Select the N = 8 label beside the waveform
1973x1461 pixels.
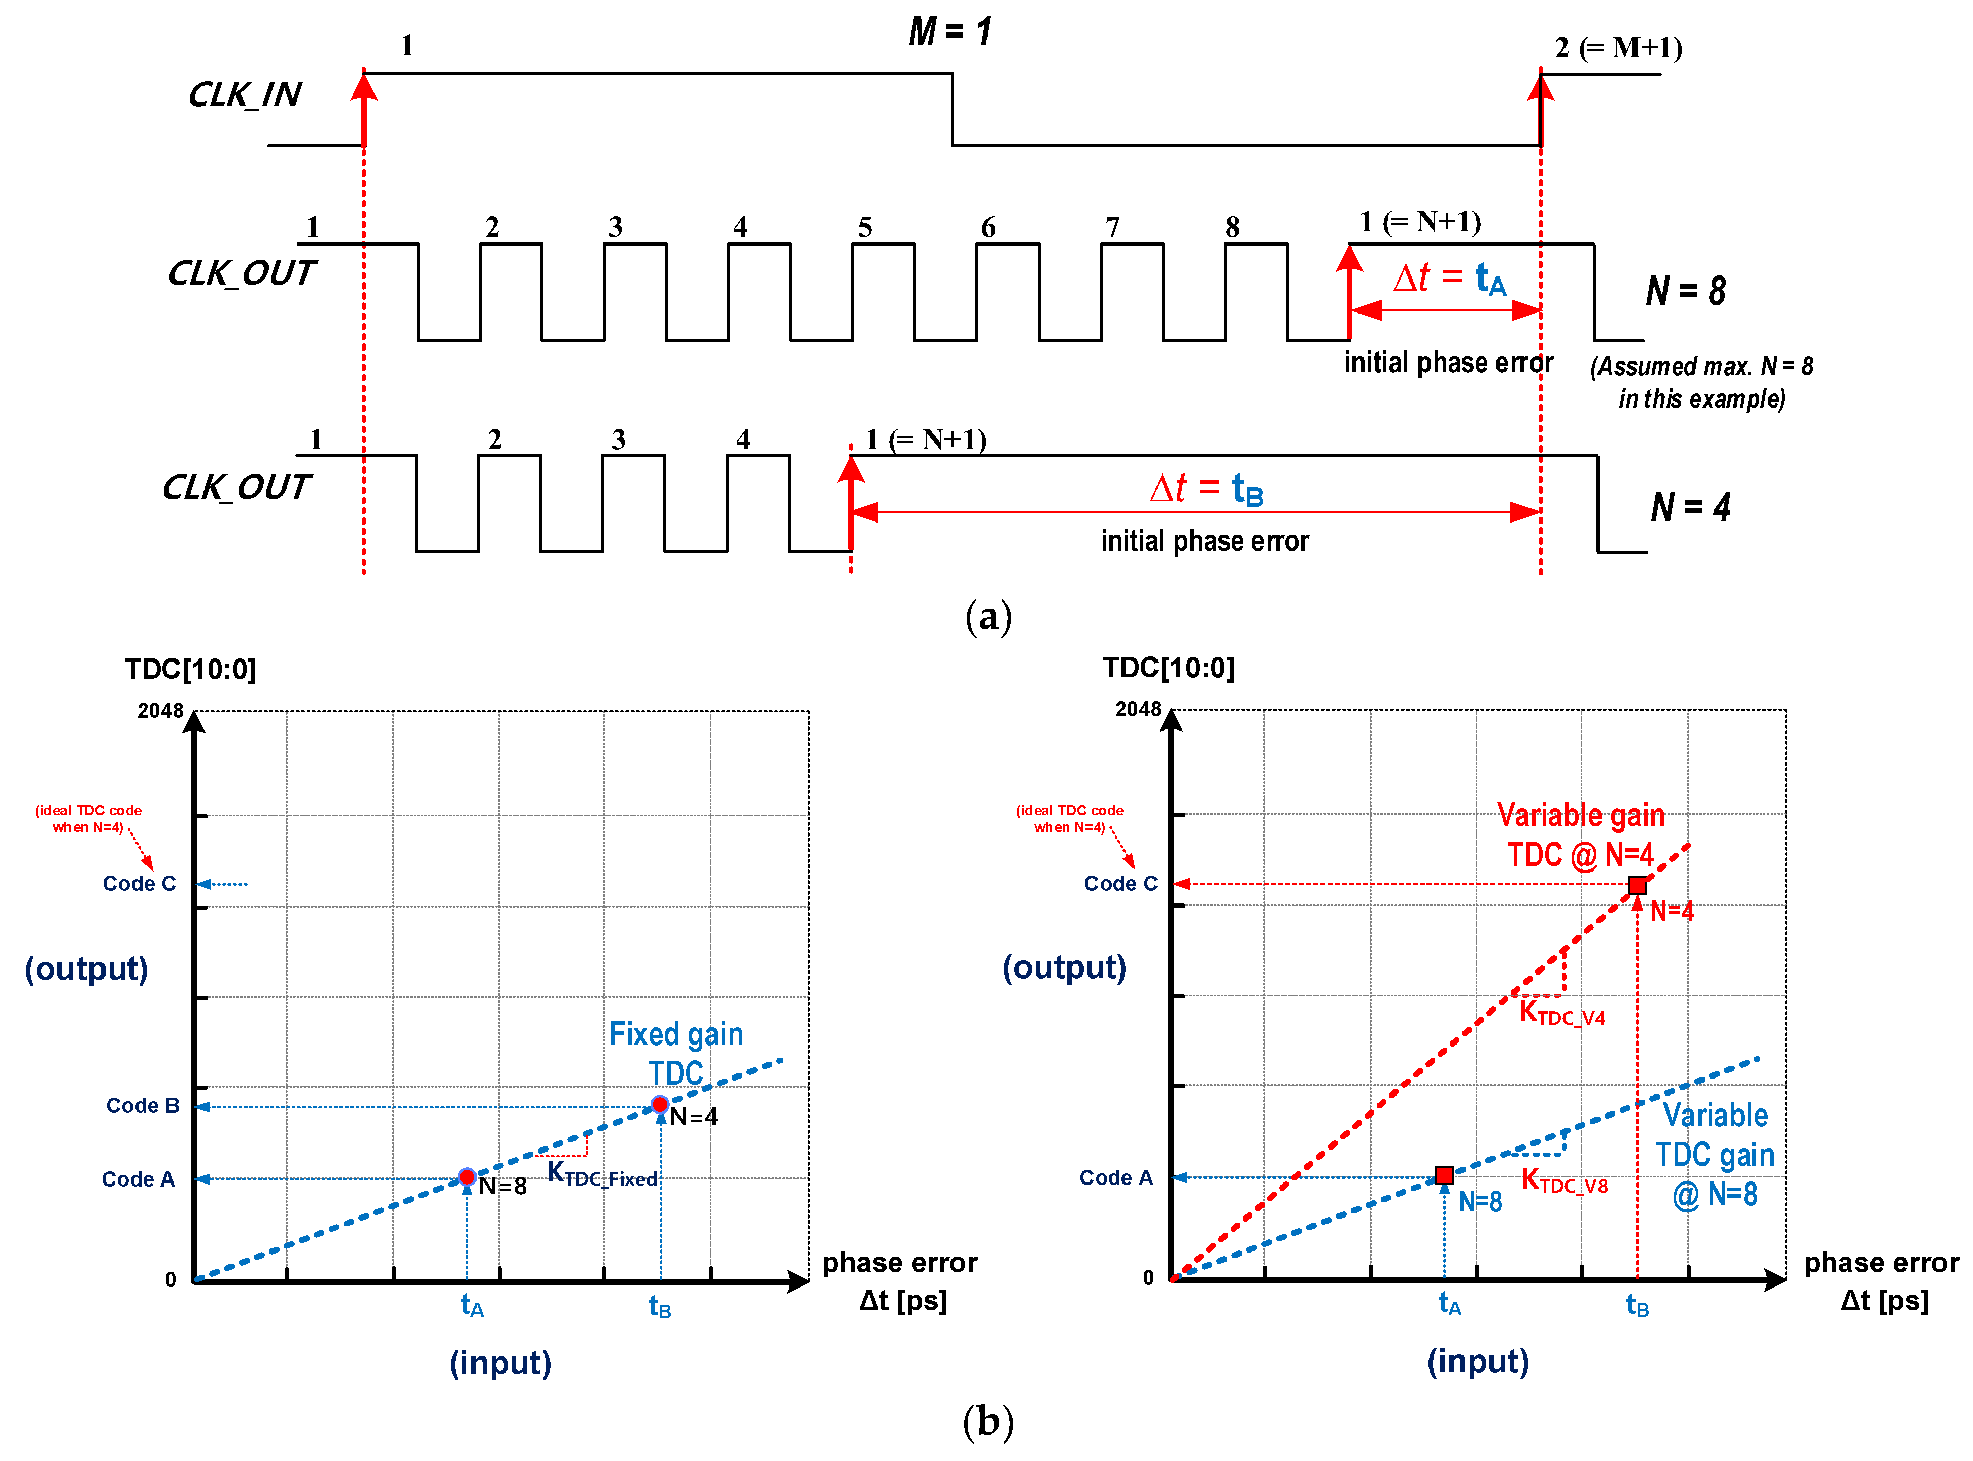point(1685,291)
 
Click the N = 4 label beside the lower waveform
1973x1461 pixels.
point(1690,507)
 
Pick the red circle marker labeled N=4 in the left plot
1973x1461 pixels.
point(660,1104)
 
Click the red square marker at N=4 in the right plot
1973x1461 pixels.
point(1637,885)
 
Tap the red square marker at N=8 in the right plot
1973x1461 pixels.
point(1444,1175)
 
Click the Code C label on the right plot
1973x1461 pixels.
point(1120,884)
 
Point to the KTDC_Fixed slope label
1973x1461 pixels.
point(602,1174)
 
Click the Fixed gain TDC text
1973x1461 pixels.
point(676,1053)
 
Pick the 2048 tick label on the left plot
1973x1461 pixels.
point(160,711)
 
